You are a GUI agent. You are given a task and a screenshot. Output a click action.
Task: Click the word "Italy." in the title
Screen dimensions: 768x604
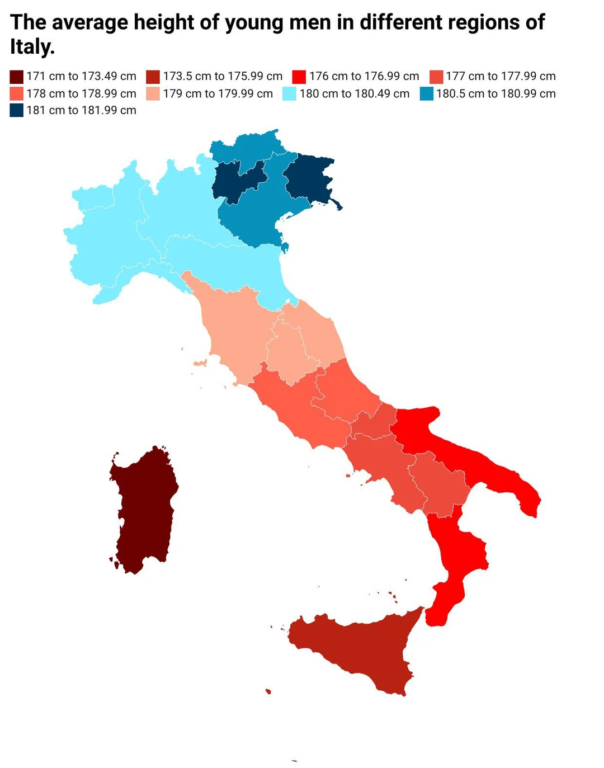point(32,46)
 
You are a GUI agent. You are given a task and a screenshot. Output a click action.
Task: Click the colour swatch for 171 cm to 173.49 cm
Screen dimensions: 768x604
point(16,77)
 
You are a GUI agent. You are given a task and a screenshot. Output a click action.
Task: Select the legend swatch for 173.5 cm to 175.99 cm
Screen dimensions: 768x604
point(153,77)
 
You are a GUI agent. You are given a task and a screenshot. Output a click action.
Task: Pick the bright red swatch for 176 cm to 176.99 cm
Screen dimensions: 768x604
point(299,77)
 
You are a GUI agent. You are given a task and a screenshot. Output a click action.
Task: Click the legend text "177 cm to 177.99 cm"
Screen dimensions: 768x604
point(501,77)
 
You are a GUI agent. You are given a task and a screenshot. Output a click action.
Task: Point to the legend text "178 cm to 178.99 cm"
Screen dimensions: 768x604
point(81,93)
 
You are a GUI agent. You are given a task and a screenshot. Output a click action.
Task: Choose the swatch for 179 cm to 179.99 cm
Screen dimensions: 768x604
point(153,93)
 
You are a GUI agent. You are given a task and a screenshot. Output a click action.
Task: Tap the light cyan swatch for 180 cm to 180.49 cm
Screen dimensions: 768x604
point(289,93)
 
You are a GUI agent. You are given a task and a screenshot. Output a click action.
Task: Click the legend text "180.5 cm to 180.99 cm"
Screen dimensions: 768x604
point(496,93)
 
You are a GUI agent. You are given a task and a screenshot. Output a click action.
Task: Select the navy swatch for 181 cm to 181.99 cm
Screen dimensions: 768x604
point(16,110)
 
